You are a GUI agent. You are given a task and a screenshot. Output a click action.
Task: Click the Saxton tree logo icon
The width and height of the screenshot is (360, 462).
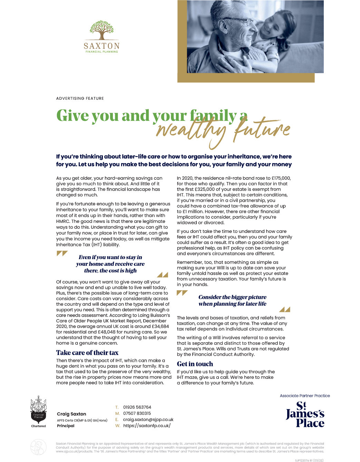(x=101, y=30)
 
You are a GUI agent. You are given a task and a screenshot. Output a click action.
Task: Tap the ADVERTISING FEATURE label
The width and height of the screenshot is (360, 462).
(x=80, y=98)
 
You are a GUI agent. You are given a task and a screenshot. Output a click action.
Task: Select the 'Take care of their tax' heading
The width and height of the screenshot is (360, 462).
(x=87, y=353)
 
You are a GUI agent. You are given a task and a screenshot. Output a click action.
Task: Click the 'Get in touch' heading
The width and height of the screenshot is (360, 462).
(x=195, y=364)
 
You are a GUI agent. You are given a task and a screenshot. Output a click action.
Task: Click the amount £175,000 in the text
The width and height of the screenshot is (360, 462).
(x=280, y=178)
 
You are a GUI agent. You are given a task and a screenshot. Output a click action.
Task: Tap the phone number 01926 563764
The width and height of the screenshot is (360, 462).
(x=137, y=407)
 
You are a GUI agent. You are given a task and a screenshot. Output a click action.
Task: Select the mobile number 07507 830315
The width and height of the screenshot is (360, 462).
(x=137, y=413)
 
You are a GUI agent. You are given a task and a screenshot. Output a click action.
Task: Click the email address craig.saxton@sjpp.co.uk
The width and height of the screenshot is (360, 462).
(x=148, y=420)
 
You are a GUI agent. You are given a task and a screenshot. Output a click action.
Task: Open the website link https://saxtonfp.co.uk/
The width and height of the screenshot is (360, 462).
(x=147, y=426)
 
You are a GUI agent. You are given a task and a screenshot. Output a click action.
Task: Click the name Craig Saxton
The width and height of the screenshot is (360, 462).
(x=71, y=414)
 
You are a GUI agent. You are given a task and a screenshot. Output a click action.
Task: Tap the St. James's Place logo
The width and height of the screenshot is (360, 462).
(x=305, y=414)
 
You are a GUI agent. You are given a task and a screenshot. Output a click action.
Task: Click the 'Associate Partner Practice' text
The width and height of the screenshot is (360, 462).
(x=305, y=396)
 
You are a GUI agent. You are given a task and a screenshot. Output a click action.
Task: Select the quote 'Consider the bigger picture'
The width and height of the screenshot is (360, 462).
(x=232, y=297)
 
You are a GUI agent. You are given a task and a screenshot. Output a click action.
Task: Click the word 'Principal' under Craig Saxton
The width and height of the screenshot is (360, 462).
(x=66, y=426)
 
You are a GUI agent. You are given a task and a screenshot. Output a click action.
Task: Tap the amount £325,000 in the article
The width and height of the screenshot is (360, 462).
(x=200, y=189)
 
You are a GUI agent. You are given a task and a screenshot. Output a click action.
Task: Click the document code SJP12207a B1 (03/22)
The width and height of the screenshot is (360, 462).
(x=309, y=460)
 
